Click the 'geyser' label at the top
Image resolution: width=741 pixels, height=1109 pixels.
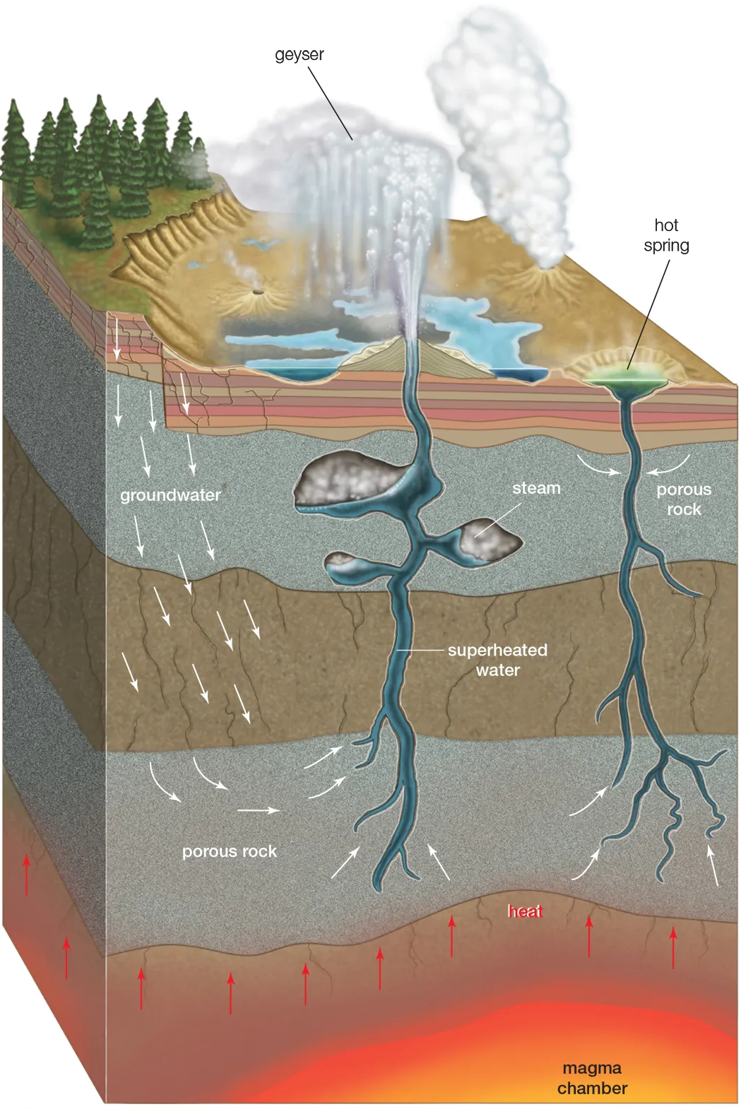tap(300, 55)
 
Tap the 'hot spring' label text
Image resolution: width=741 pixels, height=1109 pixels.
tap(666, 235)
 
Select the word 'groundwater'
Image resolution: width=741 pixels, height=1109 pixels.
tap(170, 495)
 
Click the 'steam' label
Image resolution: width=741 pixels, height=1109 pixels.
tap(536, 488)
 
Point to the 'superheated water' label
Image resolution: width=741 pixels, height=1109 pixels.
tap(497, 660)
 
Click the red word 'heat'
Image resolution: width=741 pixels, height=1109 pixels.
tap(525, 911)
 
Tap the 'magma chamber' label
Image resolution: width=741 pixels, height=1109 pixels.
tap(592, 1078)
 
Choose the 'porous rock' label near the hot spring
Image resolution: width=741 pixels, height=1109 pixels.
tap(684, 499)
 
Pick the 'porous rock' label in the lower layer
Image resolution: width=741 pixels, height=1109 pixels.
tap(230, 851)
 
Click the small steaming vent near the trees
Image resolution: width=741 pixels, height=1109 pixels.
tap(255, 290)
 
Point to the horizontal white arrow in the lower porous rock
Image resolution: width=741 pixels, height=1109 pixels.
tap(258, 811)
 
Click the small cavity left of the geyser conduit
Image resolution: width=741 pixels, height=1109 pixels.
tap(346, 562)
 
